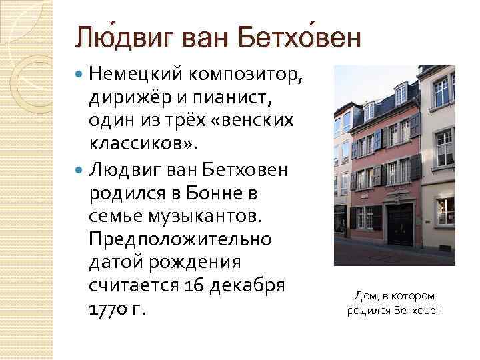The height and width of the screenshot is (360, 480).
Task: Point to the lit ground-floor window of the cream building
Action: pyautogui.click(x=445, y=211)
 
